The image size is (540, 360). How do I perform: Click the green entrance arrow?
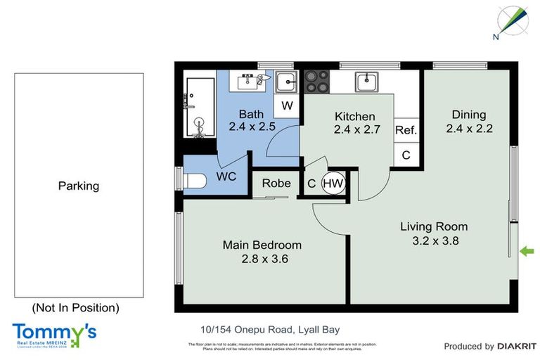527,251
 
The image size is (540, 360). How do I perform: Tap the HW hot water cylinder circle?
333,184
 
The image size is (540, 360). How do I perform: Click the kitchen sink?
366,82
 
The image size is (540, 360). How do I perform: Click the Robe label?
276,184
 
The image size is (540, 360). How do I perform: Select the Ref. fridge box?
406,130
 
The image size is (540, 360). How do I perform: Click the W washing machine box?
287,105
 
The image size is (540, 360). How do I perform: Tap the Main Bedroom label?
262,245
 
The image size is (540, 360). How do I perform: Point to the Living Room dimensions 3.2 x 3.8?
434,240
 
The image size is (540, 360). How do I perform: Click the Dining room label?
468,115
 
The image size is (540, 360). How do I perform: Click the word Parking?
78,186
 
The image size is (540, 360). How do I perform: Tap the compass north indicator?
512,20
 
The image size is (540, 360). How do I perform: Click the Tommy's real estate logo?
53,335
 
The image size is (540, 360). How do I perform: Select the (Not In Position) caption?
75,307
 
